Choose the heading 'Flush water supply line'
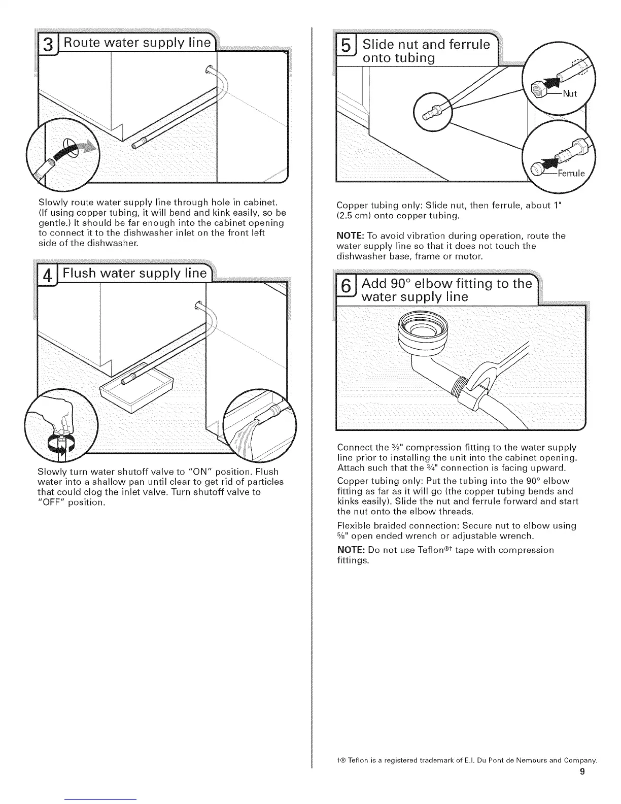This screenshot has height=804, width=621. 135,275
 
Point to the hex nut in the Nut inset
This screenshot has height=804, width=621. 539,91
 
